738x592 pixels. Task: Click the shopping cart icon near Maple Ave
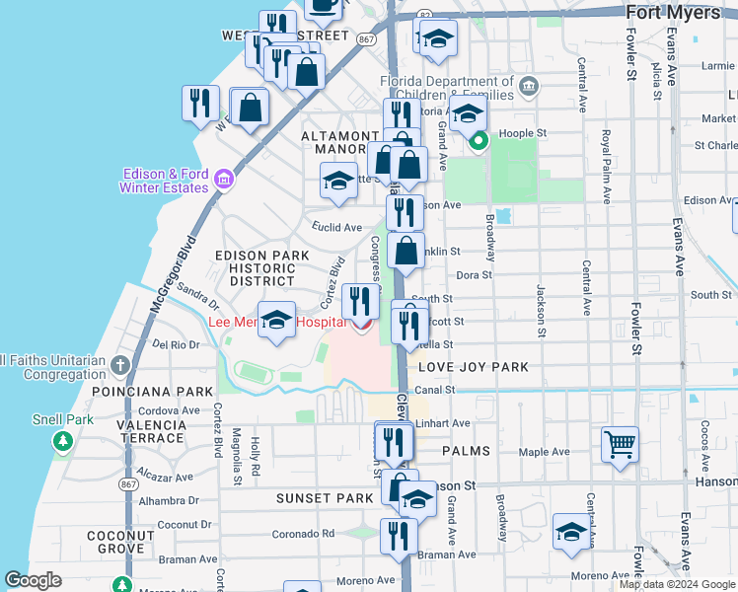coord(620,443)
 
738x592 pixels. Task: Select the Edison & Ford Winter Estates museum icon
coord(225,180)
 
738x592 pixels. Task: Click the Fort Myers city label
coord(682,11)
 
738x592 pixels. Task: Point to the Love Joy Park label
coord(474,367)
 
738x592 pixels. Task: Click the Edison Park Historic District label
coord(256,267)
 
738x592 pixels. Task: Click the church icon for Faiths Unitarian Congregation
coord(120,366)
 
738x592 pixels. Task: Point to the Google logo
coord(34,580)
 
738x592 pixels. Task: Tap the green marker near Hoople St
coord(479,141)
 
